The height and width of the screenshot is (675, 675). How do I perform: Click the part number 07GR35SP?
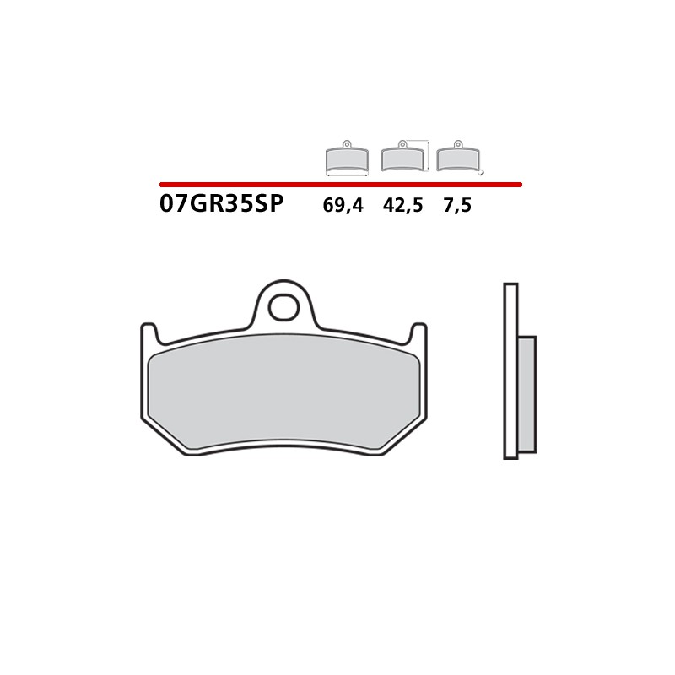221,204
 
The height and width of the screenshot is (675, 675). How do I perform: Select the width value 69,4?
343,205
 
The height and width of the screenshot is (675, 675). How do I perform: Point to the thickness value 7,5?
456,205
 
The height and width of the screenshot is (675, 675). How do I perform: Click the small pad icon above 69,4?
347,157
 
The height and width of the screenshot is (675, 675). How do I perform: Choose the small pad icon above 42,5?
402,157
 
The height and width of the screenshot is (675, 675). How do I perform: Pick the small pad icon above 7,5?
456,157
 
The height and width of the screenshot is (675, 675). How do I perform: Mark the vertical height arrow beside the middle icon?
429,156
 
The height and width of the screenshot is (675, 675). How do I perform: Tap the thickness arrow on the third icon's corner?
480,172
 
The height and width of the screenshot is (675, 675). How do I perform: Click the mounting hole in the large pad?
283,306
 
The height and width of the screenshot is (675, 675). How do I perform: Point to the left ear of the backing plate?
148,332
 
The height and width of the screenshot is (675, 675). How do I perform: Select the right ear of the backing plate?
417,332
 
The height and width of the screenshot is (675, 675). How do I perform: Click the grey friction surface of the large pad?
283,397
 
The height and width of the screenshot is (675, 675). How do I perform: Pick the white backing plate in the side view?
510,371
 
